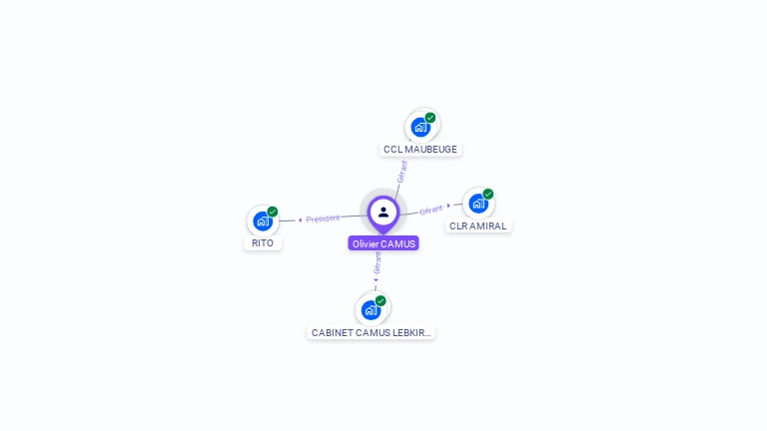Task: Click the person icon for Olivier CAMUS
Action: [383, 212]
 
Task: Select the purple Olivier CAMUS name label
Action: [383, 243]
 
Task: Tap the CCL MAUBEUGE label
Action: [420, 150]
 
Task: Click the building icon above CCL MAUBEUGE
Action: [420, 128]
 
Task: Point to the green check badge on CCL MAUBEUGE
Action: [430, 118]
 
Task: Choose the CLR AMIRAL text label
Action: [478, 225]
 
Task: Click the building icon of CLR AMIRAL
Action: [478, 204]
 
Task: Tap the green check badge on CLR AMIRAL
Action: [488, 194]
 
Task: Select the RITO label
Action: [263, 242]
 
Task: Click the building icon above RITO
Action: [263, 220]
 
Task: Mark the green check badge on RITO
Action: [273, 212]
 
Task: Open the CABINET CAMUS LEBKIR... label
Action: [372, 332]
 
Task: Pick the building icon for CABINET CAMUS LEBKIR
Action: [371, 309]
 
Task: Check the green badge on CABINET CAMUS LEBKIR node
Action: [381, 300]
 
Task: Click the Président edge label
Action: [324, 218]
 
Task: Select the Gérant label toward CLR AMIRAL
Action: [431, 210]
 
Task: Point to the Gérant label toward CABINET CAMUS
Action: [378, 262]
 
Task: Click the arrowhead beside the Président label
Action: [301, 219]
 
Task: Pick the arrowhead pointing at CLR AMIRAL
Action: [448, 207]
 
